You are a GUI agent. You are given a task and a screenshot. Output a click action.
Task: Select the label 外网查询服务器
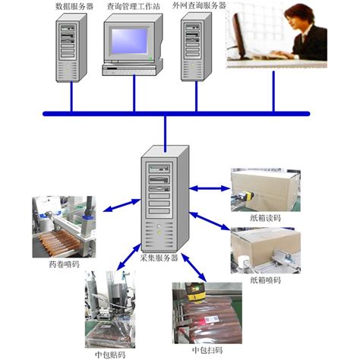pyautogui.click(x=199, y=7)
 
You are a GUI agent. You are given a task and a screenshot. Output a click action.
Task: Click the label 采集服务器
pyautogui.click(x=159, y=258)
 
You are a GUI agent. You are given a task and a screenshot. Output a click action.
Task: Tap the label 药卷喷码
pyautogui.click(x=64, y=265)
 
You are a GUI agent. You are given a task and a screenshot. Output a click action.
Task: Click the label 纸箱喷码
pyautogui.click(x=266, y=280)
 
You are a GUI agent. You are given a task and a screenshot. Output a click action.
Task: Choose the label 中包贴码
pyautogui.click(x=111, y=352)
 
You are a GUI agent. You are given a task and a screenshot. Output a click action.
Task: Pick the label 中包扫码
pyautogui.click(x=207, y=352)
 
